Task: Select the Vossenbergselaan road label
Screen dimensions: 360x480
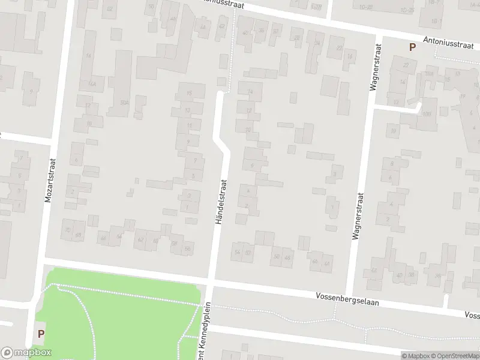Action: click(x=347, y=298)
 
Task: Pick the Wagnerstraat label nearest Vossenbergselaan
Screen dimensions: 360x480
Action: click(x=357, y=216)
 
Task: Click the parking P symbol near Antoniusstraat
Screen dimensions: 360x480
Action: click(x=412, y=47)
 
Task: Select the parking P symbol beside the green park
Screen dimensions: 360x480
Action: click(x=41, y=334)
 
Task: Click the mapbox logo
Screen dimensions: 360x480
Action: click(x=26, y=353)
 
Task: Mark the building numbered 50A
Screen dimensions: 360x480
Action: click(x=124, y=103)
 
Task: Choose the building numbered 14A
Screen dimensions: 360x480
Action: click(x=91, y=84)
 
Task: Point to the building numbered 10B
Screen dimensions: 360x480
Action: click(x=427, y=113)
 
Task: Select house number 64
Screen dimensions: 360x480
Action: click(x=119, y=237)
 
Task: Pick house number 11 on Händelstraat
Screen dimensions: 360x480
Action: click(x=190, y=125)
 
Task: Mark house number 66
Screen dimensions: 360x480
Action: click(x=104, y=238)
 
